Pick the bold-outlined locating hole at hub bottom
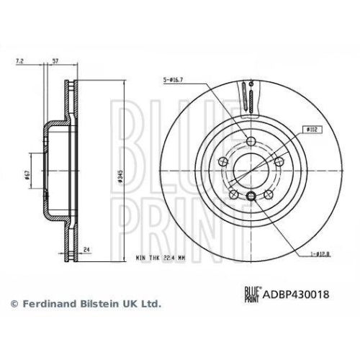pos(250,197)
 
